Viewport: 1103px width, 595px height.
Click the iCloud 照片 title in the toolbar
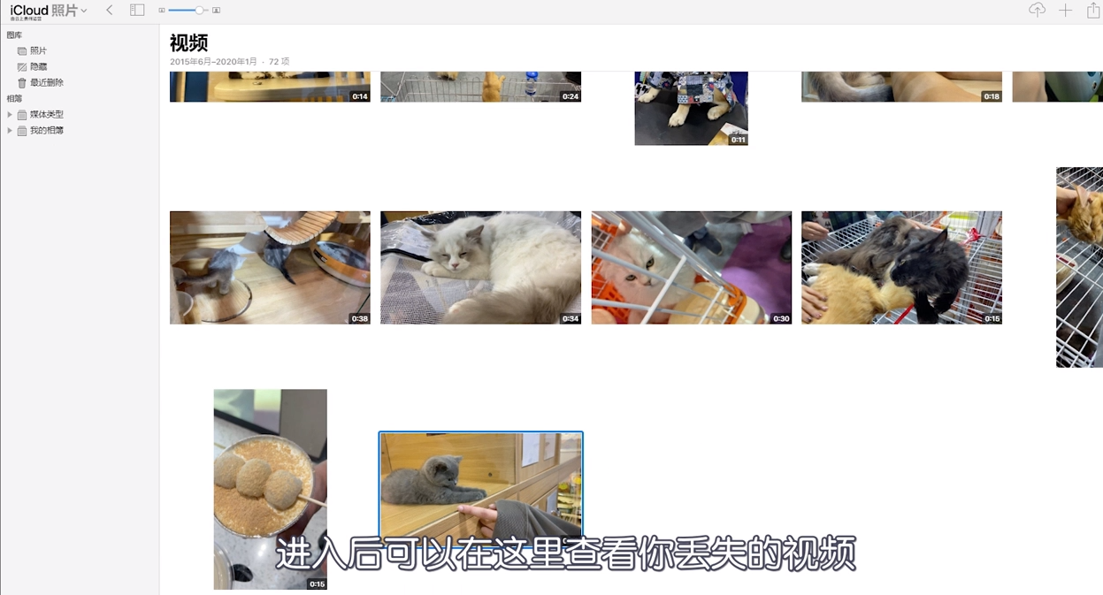[43, 11]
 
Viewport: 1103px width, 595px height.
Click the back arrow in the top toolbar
[109, 10]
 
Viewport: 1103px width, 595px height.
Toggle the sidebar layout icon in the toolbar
[137, 10]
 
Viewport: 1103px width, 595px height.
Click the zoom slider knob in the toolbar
[200, 10]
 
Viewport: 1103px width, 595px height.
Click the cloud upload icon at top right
[1037, 10]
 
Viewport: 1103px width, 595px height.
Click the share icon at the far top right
[1093, 10]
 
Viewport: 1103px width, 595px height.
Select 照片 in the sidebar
[38, 50]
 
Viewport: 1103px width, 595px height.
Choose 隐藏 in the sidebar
[38, 66]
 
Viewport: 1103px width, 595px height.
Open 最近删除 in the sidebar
[46, 82]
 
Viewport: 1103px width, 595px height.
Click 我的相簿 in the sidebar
[46, 130]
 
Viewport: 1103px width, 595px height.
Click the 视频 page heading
[188, 43]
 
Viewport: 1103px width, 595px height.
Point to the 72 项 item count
[279, 62]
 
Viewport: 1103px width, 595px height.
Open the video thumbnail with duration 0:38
[270, 267]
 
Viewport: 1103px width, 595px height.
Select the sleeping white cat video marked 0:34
[480, 267]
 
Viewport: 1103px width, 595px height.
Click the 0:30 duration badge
[781, 318]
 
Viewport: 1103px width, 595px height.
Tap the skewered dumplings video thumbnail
[270, 486]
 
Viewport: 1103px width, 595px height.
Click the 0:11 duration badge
[738, 140]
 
